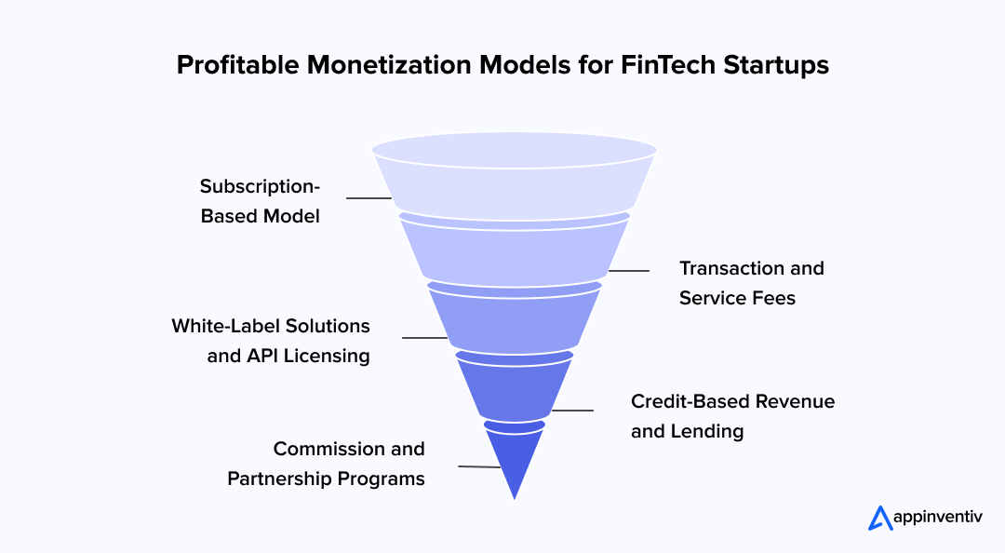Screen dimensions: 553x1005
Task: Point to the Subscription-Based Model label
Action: (x=261, y=201)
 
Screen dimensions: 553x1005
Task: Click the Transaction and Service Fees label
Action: (x=751, y=283)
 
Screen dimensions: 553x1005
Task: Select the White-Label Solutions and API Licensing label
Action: (x=271, y=341)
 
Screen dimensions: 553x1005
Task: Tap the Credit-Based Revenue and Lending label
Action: (x=732, y=416)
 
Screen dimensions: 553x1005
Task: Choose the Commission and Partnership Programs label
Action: (x=327, y=464)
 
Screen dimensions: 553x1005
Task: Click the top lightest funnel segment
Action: (x=515, y=182)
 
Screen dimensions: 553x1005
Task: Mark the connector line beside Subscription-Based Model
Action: (x=368, y=198)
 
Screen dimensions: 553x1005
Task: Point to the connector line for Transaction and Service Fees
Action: (x=629, y=271)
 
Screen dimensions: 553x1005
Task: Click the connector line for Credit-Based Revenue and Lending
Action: (x=572, y=410)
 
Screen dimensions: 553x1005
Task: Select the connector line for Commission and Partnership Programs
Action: (x=479, y=466)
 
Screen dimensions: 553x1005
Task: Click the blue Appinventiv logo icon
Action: (x=879, y=519)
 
